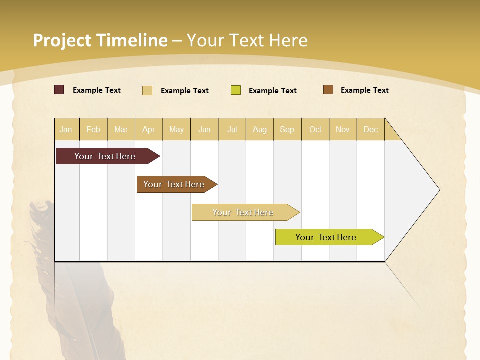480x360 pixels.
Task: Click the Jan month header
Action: tap(66, 129)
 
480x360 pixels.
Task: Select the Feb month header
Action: tap(93, 129)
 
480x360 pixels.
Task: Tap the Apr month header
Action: tap(149, 129)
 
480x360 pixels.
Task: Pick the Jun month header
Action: tap(204, 129)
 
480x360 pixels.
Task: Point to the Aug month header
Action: tap(260, 129)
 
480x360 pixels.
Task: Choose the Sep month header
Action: tap(287, 129)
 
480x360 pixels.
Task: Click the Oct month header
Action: tap(315, 129)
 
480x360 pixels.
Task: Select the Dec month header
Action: tap(371, 129)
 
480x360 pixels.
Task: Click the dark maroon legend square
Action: tap(59, 90)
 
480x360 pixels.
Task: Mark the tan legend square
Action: tap(147, 90)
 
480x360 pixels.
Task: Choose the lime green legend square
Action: tap(236, 90)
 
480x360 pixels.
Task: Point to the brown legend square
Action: tap(328, 90)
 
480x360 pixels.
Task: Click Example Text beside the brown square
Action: tap(364, 90)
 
